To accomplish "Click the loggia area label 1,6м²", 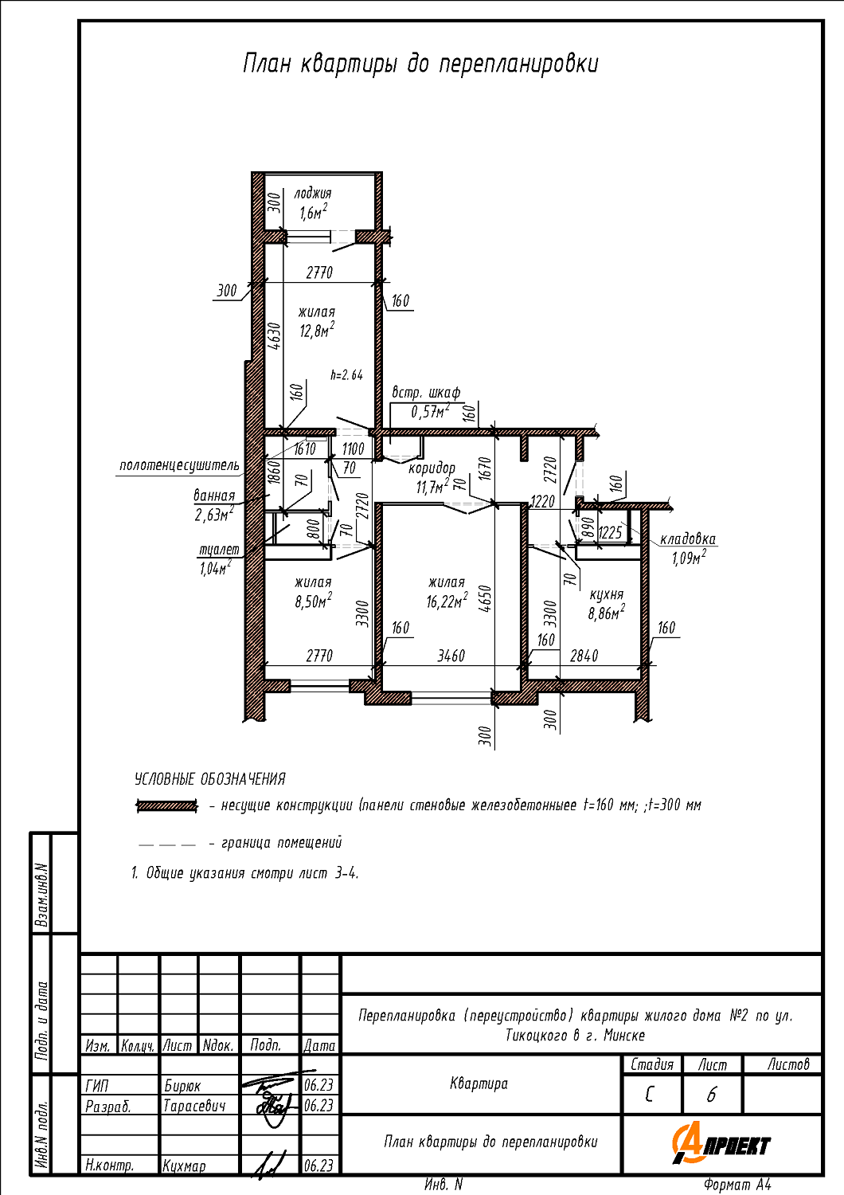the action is tap(313, 213).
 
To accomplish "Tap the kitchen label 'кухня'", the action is tap(606, 595).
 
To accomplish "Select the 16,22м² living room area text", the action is tap(447, 601).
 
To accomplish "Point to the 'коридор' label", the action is tap(432, 468).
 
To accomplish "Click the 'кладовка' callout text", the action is tap(688, 539).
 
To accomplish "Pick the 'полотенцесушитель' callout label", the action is tap(179, 465).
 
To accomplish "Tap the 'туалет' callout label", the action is tap(219, 550).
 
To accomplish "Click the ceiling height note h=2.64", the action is tap(346, 375).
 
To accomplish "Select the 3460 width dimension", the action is tap(451, 656).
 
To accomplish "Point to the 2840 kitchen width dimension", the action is tap(584, 656).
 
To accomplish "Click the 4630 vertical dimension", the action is tap(274, 335).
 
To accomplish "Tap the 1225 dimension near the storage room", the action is tap(610, 532).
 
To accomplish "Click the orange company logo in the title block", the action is tap(721, 1142).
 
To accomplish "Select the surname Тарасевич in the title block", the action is tap(194, 1106).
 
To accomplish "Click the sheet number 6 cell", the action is tap(711, 1095).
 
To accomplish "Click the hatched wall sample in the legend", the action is tap(167, 805).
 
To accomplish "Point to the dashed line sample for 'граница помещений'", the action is tap(167, 845).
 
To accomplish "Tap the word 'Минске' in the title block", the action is tap(624, 1036).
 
